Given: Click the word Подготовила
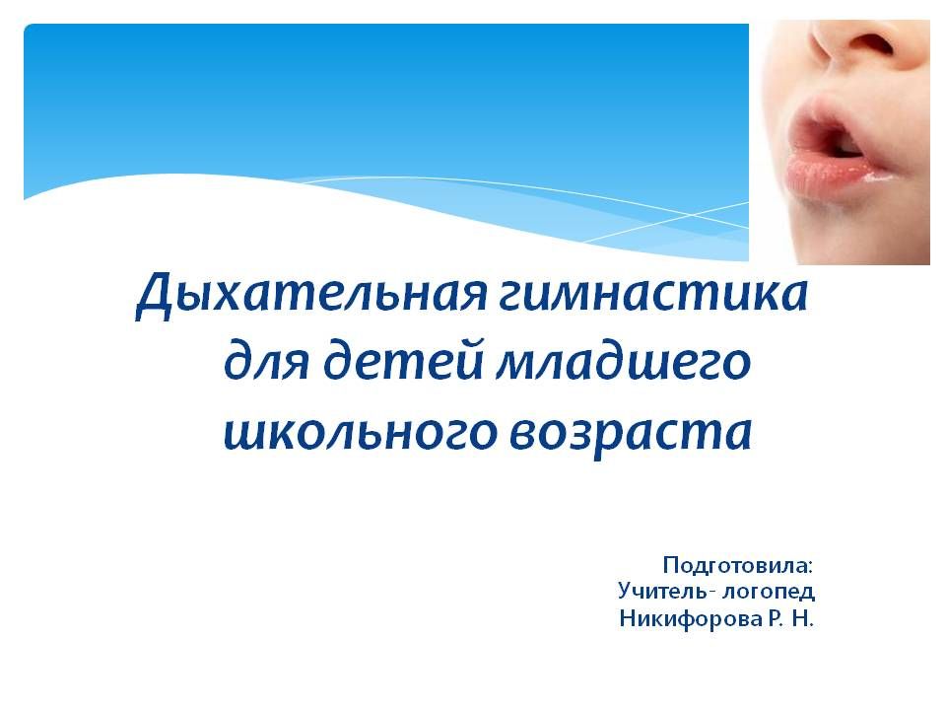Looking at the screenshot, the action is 735,566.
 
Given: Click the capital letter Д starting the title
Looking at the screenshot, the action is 154,297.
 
